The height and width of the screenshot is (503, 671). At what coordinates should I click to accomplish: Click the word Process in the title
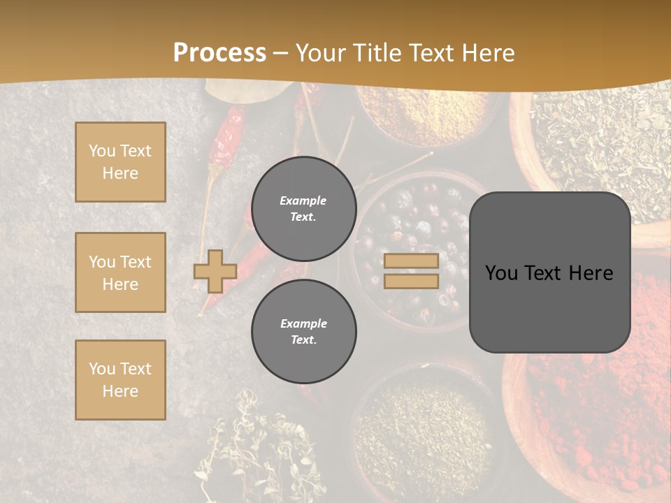219,53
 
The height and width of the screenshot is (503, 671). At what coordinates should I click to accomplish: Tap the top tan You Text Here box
120,162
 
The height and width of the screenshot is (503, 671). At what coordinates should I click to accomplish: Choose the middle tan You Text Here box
120,272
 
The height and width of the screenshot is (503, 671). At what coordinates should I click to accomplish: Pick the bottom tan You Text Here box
120,379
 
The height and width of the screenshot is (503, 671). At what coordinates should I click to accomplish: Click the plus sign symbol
215,271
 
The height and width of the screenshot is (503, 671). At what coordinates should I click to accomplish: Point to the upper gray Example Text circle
303,209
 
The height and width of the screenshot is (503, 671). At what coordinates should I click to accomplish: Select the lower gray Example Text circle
303,332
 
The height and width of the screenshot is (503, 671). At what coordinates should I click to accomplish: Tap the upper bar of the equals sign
411,261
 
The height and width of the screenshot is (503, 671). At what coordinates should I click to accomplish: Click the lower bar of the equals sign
411,281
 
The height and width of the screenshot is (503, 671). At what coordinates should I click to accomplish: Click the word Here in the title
488,53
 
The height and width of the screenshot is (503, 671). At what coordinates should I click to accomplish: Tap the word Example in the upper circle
303,201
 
